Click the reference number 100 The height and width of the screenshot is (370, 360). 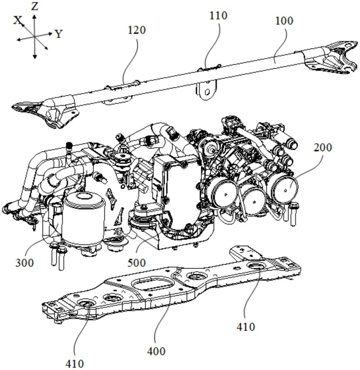tap(284, 21)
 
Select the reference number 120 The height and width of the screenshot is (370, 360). tap(136, 30)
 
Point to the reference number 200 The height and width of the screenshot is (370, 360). tap(323, 148)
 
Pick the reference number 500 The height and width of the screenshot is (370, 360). tap(136, 263)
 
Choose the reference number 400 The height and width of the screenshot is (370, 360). tap(156, 351)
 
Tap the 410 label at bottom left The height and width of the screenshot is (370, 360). tap(75, 363)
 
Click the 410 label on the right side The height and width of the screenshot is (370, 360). tap(245, 327)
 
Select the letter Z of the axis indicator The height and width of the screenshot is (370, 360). tap(35, 6)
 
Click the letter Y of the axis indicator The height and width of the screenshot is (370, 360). tap(58, 34)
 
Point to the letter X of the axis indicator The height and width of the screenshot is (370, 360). tap(17, 21)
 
